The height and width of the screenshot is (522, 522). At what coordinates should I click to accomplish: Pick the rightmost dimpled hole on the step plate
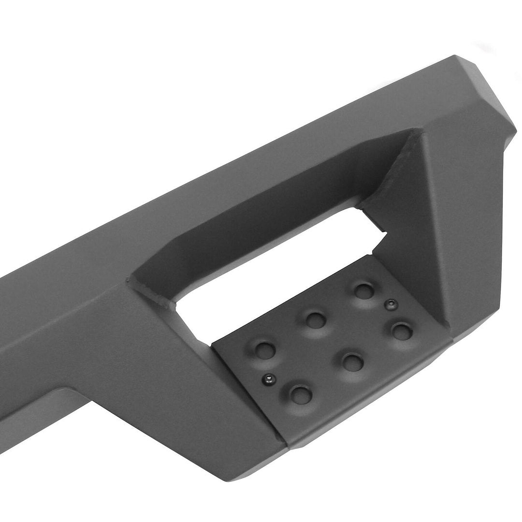tap(401, 331)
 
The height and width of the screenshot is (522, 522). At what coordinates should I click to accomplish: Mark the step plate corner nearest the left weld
tap(213, 344)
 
